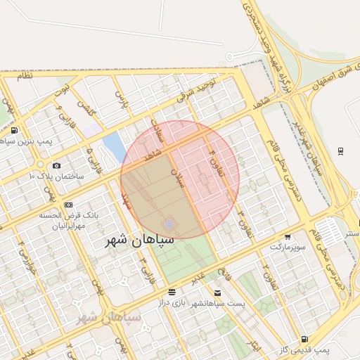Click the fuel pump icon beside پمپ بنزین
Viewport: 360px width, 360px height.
(15, 130)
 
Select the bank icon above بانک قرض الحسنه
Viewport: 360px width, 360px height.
(68, 205)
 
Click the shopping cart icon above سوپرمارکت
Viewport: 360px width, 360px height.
(288, 237)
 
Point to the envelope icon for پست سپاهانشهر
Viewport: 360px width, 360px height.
(217, 292)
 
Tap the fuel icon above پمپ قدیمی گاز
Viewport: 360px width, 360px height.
(304, 339)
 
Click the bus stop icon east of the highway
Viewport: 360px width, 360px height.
(341, 150)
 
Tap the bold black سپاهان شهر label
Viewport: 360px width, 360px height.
(140, 240)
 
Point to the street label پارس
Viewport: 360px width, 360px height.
(123, 100)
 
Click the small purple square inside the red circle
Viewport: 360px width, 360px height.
(169, 224)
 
